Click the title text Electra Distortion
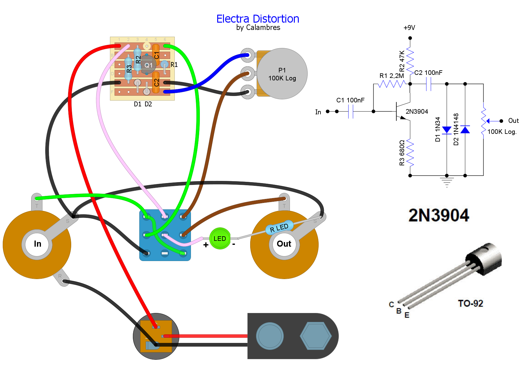[x=258, y=19]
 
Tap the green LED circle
[x=220, y=238]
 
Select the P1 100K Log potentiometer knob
[x=282, y=74]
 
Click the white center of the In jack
[x=37, y=244]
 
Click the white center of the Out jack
[x=284, y=244]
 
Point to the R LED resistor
[x=279, y=227]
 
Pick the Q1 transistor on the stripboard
[x=148, y=65]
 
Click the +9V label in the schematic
[x=409, y=28]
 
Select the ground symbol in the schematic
[x=447, y=182]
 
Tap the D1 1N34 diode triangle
[x=447, y=130]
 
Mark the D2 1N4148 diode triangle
[x=465, y=130]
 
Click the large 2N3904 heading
[x=439, y=215]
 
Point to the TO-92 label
[x=470, y=304]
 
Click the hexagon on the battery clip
[x=316, y=336]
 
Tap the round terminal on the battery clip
[x=270, y=336]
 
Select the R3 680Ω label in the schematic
[x=402, y=153]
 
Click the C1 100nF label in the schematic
[x=350, y=100]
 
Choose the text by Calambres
[x=258, y=28]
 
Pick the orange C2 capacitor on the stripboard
[x=156, y=82]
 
